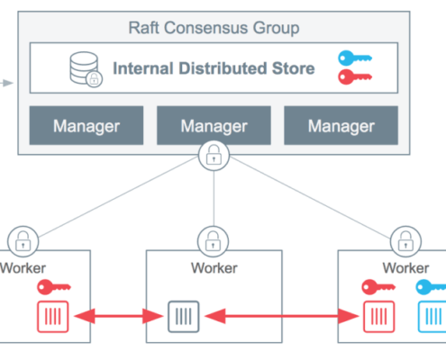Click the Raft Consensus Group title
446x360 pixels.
(214, 29)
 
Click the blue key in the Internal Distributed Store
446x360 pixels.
(355, 58)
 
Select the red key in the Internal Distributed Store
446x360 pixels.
(355, 76)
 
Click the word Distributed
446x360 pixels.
(223, 68)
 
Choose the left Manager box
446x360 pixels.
(86, 125)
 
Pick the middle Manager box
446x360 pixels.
(214, 125)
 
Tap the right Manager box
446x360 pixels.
(341, 125)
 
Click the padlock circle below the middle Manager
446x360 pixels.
(214, 156)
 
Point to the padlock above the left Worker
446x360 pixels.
(23, 241)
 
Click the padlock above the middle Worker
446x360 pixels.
(213, 241)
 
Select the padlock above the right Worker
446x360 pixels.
(405, 241)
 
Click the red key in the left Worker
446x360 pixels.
(54, 287)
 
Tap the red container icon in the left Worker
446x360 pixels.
(53, 317)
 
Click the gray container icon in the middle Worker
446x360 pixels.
(184, 317)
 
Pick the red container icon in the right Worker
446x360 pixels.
(378, 317)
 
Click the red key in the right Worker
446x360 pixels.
(378, 287)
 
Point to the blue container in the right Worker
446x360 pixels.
(432, 317)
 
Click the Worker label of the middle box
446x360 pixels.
(214, 268)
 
